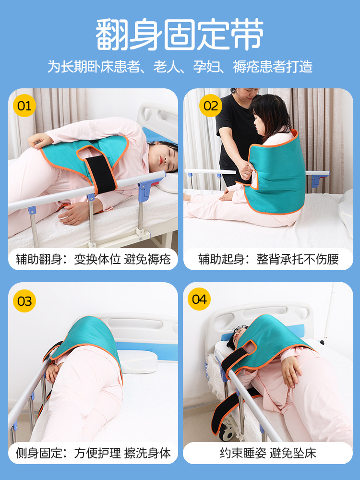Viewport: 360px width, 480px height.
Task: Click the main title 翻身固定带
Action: tap(180, 35)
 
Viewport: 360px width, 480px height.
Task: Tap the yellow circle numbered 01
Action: tap(24, 106)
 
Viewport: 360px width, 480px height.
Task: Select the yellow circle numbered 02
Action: tap(210, 106)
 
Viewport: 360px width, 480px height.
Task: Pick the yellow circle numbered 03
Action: tap(24, 301)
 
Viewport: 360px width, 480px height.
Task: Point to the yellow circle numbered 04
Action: tap(199, 299)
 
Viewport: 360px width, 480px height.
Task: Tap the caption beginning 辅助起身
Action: tap(268, 260)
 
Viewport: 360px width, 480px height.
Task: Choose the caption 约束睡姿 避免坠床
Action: tap(268, 453)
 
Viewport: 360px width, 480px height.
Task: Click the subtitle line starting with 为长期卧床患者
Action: tap(180, 66)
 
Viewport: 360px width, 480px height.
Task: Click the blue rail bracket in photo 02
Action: tap(316, 181)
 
